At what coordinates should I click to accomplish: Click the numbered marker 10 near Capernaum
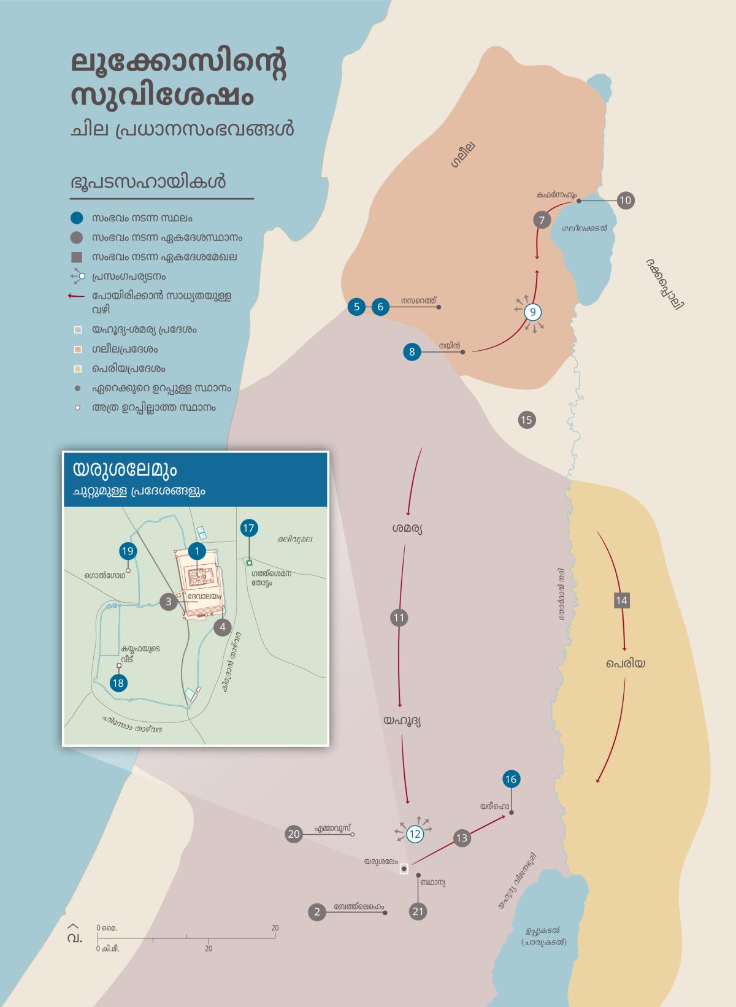pos(626,200)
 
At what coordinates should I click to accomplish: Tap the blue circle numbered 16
pos(511,779)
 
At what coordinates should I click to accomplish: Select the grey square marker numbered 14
pos(622,600)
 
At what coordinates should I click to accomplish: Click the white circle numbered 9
pos(533,312)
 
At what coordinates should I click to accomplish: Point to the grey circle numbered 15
pos(526,420)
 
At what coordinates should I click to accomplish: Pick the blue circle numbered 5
pos(356,307)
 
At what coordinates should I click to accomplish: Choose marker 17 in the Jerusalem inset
pos(248,528)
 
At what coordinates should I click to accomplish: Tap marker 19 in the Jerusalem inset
pos(128,551)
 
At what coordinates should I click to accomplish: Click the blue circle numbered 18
pos(118,683)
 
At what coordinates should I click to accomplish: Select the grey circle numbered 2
pos(317,912)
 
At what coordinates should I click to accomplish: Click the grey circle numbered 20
pos(294,834)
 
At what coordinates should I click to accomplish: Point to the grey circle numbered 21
pos(418,911)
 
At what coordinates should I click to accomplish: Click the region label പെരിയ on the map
pos(626,664)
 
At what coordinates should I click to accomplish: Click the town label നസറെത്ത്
pos(418,301)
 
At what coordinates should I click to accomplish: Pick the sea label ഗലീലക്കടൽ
pos(584,228)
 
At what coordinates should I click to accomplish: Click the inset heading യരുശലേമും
pos(125,470)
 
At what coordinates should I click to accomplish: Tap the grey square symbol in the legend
pos(77,257)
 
